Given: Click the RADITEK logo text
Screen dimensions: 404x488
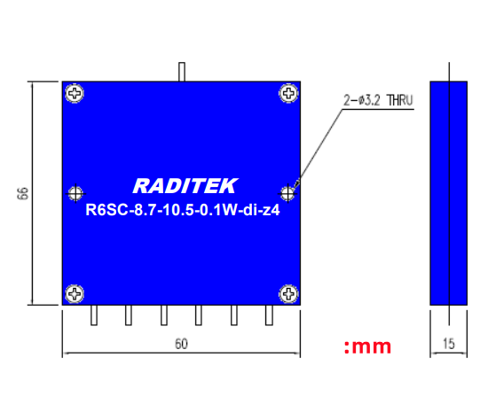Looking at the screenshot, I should pyautogui.click(x=185, y=186).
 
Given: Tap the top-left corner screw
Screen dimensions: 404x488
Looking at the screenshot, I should pyautogui.click(x=75, y=92).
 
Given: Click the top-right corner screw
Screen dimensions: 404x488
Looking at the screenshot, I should pyautogui.click(x=287, y=92).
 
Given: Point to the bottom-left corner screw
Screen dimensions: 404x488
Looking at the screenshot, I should pyautogui.click(x=75, y=292).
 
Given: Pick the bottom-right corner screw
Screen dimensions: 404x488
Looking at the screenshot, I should pyautogui.click(x=287, y=292).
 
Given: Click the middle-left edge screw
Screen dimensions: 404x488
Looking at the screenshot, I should pyautogui.click(x=75, y=192).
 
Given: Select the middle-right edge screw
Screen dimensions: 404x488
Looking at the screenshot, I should pyautogui.click(x=287, y=192).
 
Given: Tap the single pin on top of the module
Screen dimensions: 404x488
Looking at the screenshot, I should pyautogui.click(x=181, y=72).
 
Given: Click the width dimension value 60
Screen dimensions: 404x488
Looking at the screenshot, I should pyautogui.click(x=181, y=344).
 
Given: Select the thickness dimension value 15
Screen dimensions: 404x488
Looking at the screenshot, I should pyautogui.click(x=448, y=345).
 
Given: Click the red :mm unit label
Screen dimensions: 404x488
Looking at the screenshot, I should pyautogui.click(x=367, y=346).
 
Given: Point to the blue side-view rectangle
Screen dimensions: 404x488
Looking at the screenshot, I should pyautogui.click(x=448, y=192).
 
